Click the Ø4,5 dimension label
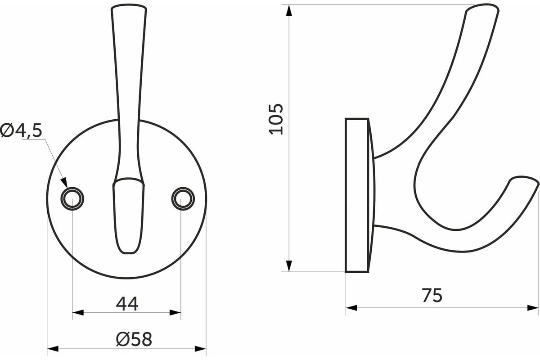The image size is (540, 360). coord(21,130)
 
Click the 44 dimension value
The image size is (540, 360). coord(127,304)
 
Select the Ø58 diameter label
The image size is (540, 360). coord(134,339)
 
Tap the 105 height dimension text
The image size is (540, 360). coord(276,119)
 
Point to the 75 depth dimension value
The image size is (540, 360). coord(432,295)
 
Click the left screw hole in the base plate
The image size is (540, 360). coord(72,199)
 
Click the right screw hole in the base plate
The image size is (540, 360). coord(183,199)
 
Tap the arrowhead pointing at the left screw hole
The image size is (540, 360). coord(64,183)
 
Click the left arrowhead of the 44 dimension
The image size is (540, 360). coord(78,313)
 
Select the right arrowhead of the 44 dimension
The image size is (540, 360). coord(175,313)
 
